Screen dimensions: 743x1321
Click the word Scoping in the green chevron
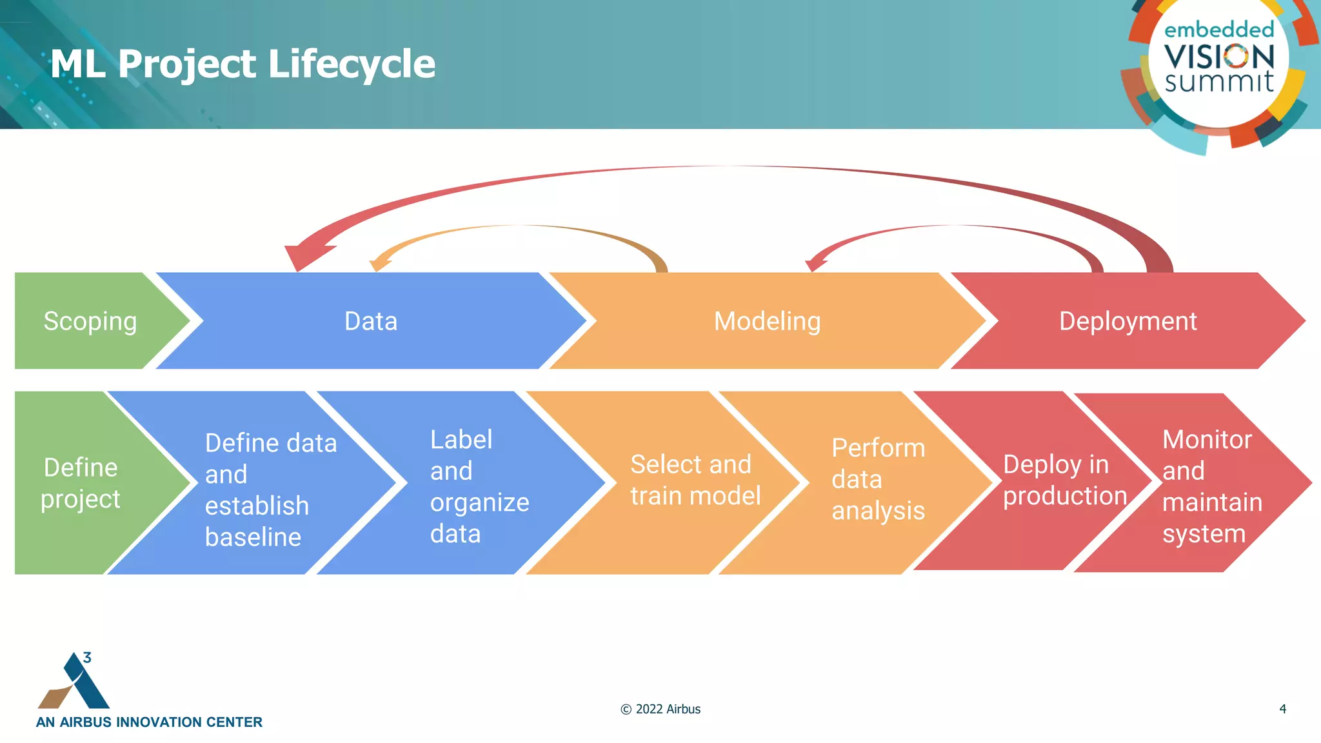pos(90,321)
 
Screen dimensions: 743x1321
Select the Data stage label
pos(370,321)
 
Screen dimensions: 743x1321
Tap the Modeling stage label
pos(767,321)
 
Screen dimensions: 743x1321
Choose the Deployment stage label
pos(1127,321)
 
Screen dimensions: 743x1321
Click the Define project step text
pos(81,482)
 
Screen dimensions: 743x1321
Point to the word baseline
pos(253,537)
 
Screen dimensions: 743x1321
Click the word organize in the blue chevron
pos(479,502)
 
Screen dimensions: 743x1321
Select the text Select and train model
pos(695,480)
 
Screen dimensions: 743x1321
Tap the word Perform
pos(878,448)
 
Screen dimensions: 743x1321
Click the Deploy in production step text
pos(1064,480)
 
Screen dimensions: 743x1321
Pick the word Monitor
pos(1206,439)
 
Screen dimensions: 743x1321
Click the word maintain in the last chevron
pos(1212,502)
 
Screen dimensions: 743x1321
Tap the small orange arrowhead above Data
pos(379,263)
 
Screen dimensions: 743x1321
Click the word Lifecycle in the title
pos(351,64)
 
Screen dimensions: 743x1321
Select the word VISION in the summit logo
pos(1219,57)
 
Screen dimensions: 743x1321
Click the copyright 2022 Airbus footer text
pos(660,709)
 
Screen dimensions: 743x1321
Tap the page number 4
pos(1282,709)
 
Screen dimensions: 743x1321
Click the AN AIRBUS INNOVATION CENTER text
pos(149,722)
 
